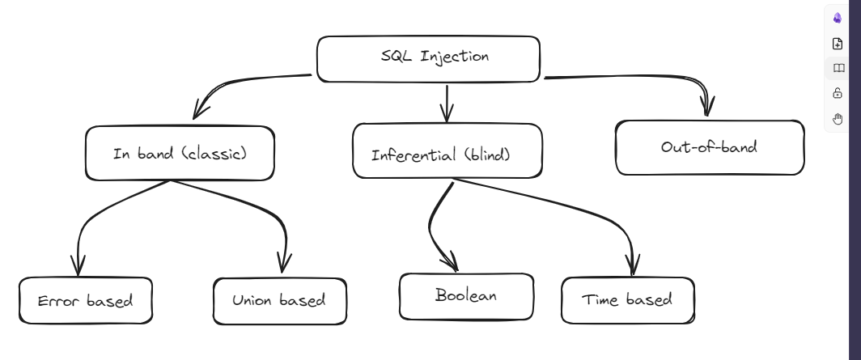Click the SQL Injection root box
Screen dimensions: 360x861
(x=428, y=59)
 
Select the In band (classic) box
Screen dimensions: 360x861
(x=180, y=153)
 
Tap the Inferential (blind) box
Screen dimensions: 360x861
(x=447, y=151)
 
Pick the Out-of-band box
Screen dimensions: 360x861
(x=709, y=147)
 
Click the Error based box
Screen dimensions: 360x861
(x=85, y=301)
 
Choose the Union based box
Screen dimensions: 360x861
(x=279, y=300)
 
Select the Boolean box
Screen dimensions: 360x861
(x=466, y=296)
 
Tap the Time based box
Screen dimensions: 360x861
(x=627, y=300)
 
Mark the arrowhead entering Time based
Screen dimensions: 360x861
(x=632, y=265)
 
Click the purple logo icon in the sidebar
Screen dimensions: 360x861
(x=838, y=18)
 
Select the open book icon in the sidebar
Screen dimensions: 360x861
(x=838, y=69)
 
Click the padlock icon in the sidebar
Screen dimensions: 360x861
(x=838, y=94)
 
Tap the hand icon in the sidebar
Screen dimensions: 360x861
(x=838, y=119)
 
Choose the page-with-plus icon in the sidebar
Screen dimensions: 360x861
(x=838, y=44)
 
